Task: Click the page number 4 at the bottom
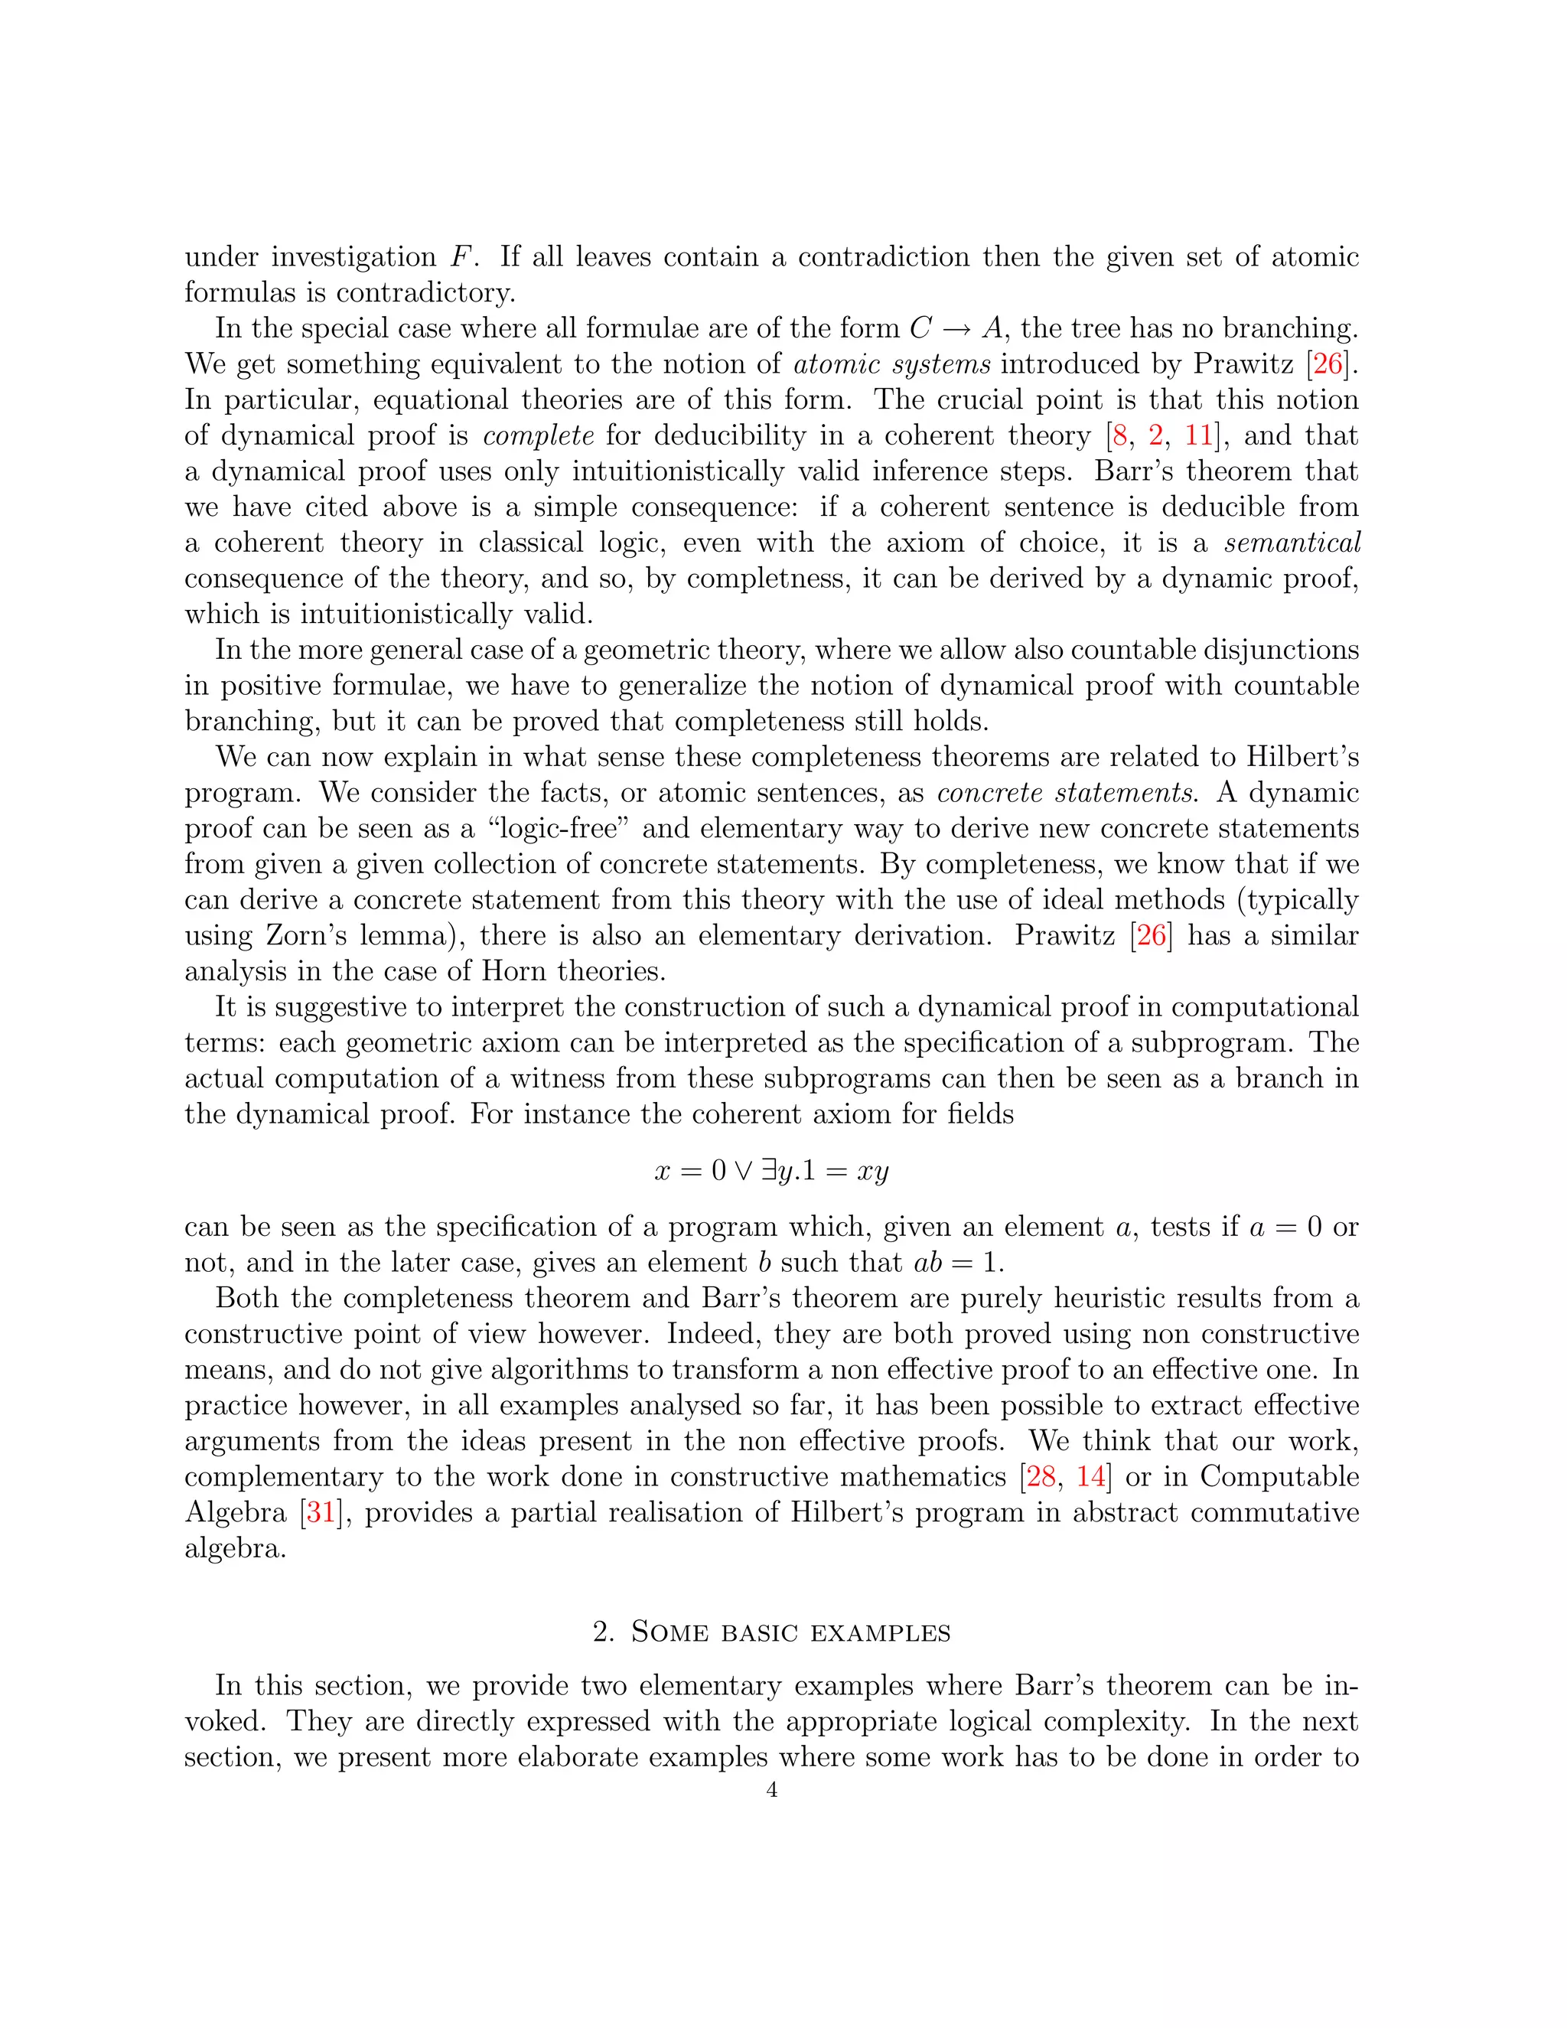click(772, 1789)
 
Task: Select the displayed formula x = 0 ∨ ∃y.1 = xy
click(771, 1170)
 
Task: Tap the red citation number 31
click(321, 1511)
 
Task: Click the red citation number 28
click(1041, 1476)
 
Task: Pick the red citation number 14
click(1091, 1476)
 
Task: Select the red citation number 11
click(1198, 435)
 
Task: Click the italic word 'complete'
click(539, 435)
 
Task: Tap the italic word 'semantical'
click(1292, 543)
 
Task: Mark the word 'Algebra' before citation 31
click(236, 1511)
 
